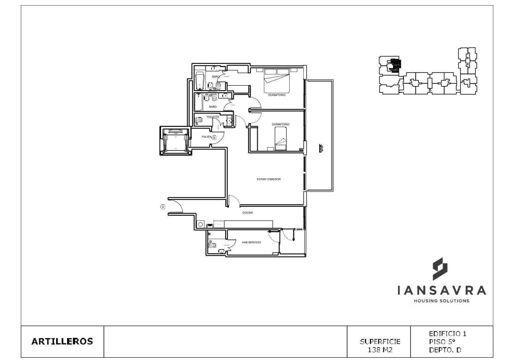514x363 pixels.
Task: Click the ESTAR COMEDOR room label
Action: click(269, 179)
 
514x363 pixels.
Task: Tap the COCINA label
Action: click(247, 213)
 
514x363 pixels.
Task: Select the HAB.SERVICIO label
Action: click(251, 242)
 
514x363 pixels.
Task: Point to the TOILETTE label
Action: click(213, 117)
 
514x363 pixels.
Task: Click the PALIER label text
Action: click(206, 137)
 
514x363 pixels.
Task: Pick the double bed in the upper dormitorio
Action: click(277, 81)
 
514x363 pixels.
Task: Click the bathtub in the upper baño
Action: click(200, 81)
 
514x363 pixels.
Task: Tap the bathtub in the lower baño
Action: click(198, 102)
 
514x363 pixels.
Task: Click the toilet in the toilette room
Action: click(199, 120)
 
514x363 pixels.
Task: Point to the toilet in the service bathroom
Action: click(212, 245)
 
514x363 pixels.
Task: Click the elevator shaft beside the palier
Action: click(175, 141)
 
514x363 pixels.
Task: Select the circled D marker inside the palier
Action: click(214, 138)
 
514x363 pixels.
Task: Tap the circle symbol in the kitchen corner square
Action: click(200, 225)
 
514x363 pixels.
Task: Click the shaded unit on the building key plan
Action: click(395, 66)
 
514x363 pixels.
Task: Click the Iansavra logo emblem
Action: click(440, 269)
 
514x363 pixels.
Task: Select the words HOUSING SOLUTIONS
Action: click(441, 301)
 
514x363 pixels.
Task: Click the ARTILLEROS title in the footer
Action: click(62, 341)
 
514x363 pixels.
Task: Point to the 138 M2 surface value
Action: click(380, 350)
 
